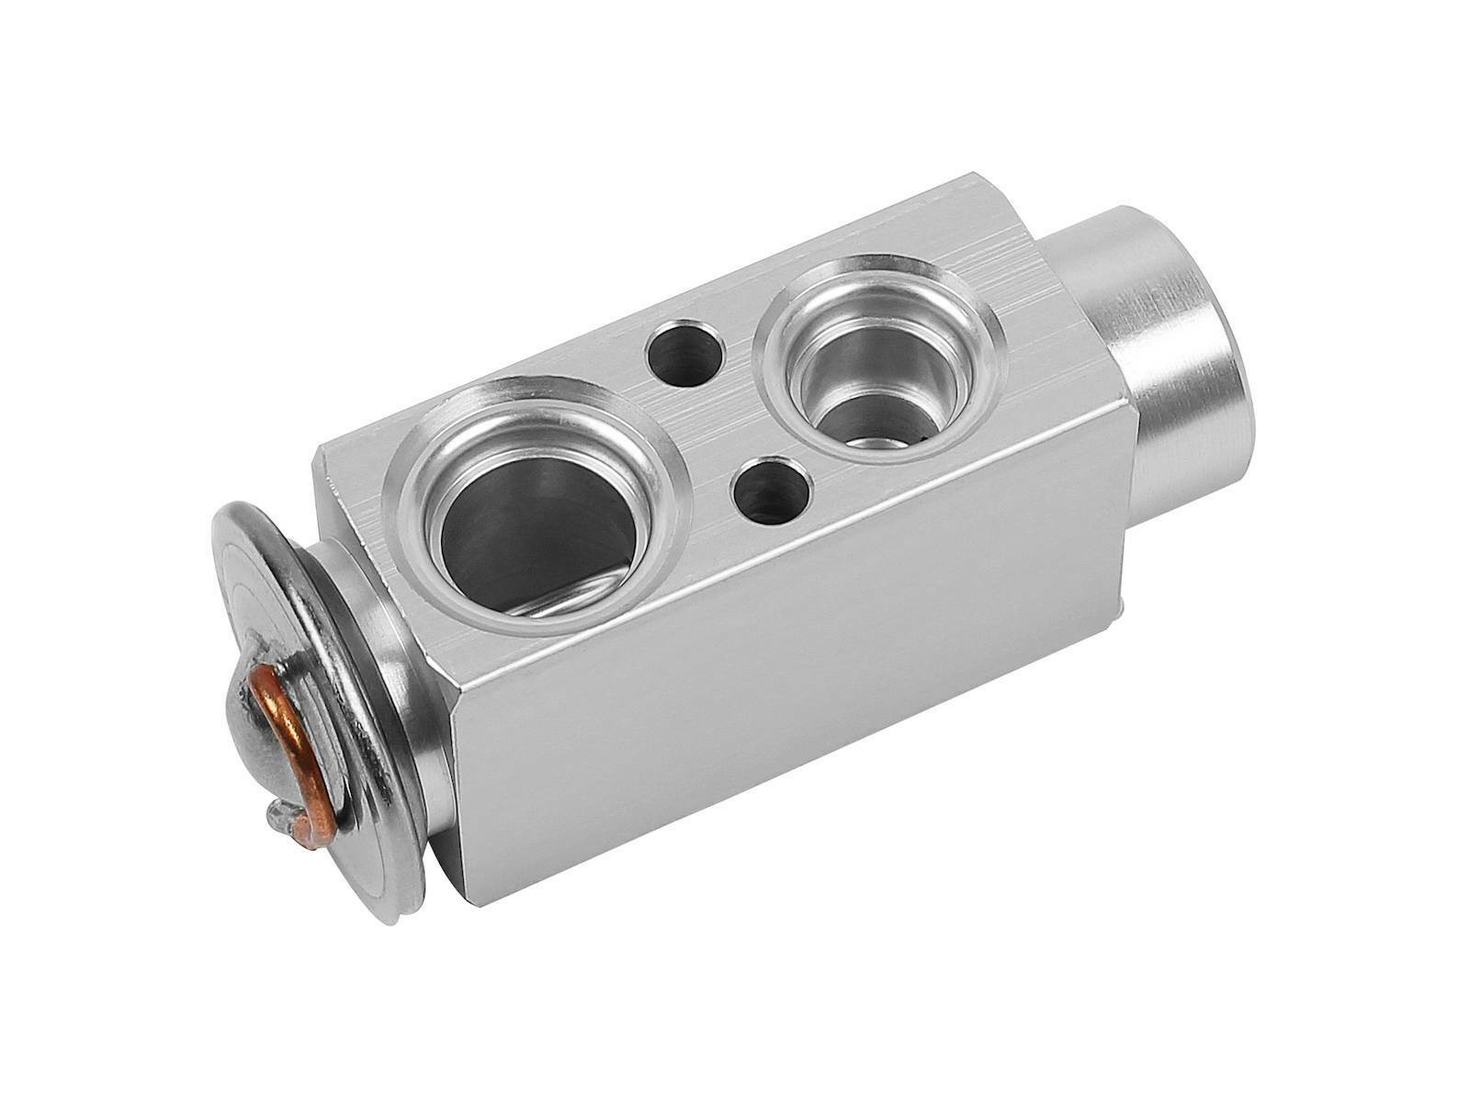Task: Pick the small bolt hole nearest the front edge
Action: [770, 492]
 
